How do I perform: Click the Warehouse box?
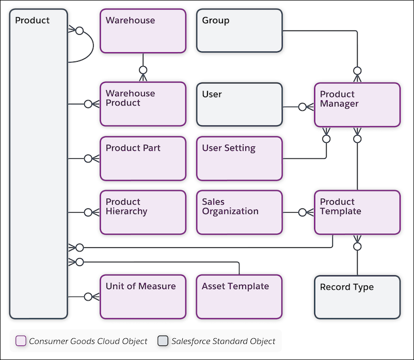[x=143, y=31]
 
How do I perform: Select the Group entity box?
[x=240, y=31]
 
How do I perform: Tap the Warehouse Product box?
[x=143, y=104]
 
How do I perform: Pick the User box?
[x=240, y=104]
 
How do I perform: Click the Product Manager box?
[x=357, y=105]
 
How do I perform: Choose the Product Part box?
[x=143, y=158]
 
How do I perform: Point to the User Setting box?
[x=240, y=158]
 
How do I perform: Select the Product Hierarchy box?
[x=143, y=212]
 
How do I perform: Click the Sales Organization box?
[x=240, y=212]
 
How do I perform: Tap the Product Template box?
[x=357, y=212]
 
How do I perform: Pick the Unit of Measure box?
[x=143, y=296]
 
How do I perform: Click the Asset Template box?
[x=240, y=296]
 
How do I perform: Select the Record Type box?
[x=357, y=296]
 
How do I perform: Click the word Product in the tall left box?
[x=32, y=21]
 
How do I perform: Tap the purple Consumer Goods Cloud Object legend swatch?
[x=21, y=341]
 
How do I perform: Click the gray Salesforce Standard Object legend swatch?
[x=163, y=341]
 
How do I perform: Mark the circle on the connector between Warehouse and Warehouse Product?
[x=143, y=69]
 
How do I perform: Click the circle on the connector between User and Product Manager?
[x=302, y=107]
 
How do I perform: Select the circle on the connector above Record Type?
[x=357, y=247]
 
